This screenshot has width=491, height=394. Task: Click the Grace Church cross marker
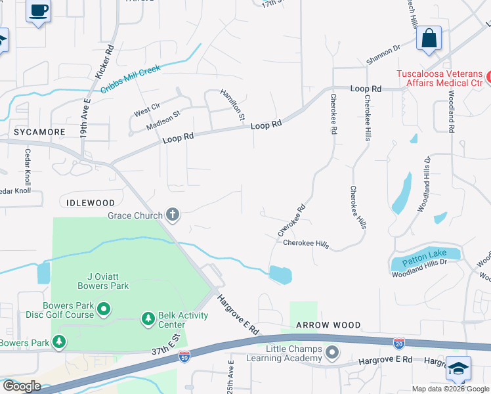pyautogui.click(x=173, y=214)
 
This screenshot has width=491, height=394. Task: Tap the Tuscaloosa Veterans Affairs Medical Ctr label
pyautogui.click(x=439, y=77)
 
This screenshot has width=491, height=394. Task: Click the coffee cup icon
pyautogui.click(x=38, y=11)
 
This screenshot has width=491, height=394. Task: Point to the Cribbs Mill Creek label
pyautogui.click(x=131, y=77)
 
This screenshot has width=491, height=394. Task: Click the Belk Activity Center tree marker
pyautogui.click(x=148, y=319)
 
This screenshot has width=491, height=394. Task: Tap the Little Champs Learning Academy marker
pyautogui.click(x=331, y=353)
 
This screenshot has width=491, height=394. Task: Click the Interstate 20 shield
pyautogui.click(x=399, y=342)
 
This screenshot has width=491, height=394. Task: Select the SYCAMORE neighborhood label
pyautogui.click(x=32, y=132)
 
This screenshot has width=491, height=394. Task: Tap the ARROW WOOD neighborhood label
pyautogui.click(x=328, y=325)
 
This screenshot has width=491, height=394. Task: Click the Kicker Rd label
pyautogui.click(x=105, y=61)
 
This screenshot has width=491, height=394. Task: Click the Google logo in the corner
pyautogui.click(x=22, y=385)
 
